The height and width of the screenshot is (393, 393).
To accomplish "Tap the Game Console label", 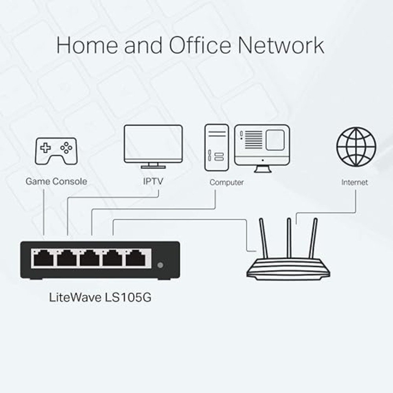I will coord(56,182).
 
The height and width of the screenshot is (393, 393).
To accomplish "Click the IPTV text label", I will coord(153,182).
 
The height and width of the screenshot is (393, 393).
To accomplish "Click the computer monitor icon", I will coord(262,147).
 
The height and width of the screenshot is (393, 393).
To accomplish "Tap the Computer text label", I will coord(226,182).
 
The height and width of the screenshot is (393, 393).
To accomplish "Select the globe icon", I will coord(356,146).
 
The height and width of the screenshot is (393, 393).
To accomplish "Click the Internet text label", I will coord(354,182).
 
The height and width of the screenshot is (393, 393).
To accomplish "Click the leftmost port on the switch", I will coord(43,258).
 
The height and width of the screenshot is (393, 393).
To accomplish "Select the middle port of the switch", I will coord(90,258).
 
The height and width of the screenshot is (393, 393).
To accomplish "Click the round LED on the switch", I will coord(160,265).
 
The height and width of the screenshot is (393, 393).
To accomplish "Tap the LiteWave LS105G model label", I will coord(100,297).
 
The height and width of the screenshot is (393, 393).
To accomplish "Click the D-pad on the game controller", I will coord(46,148).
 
